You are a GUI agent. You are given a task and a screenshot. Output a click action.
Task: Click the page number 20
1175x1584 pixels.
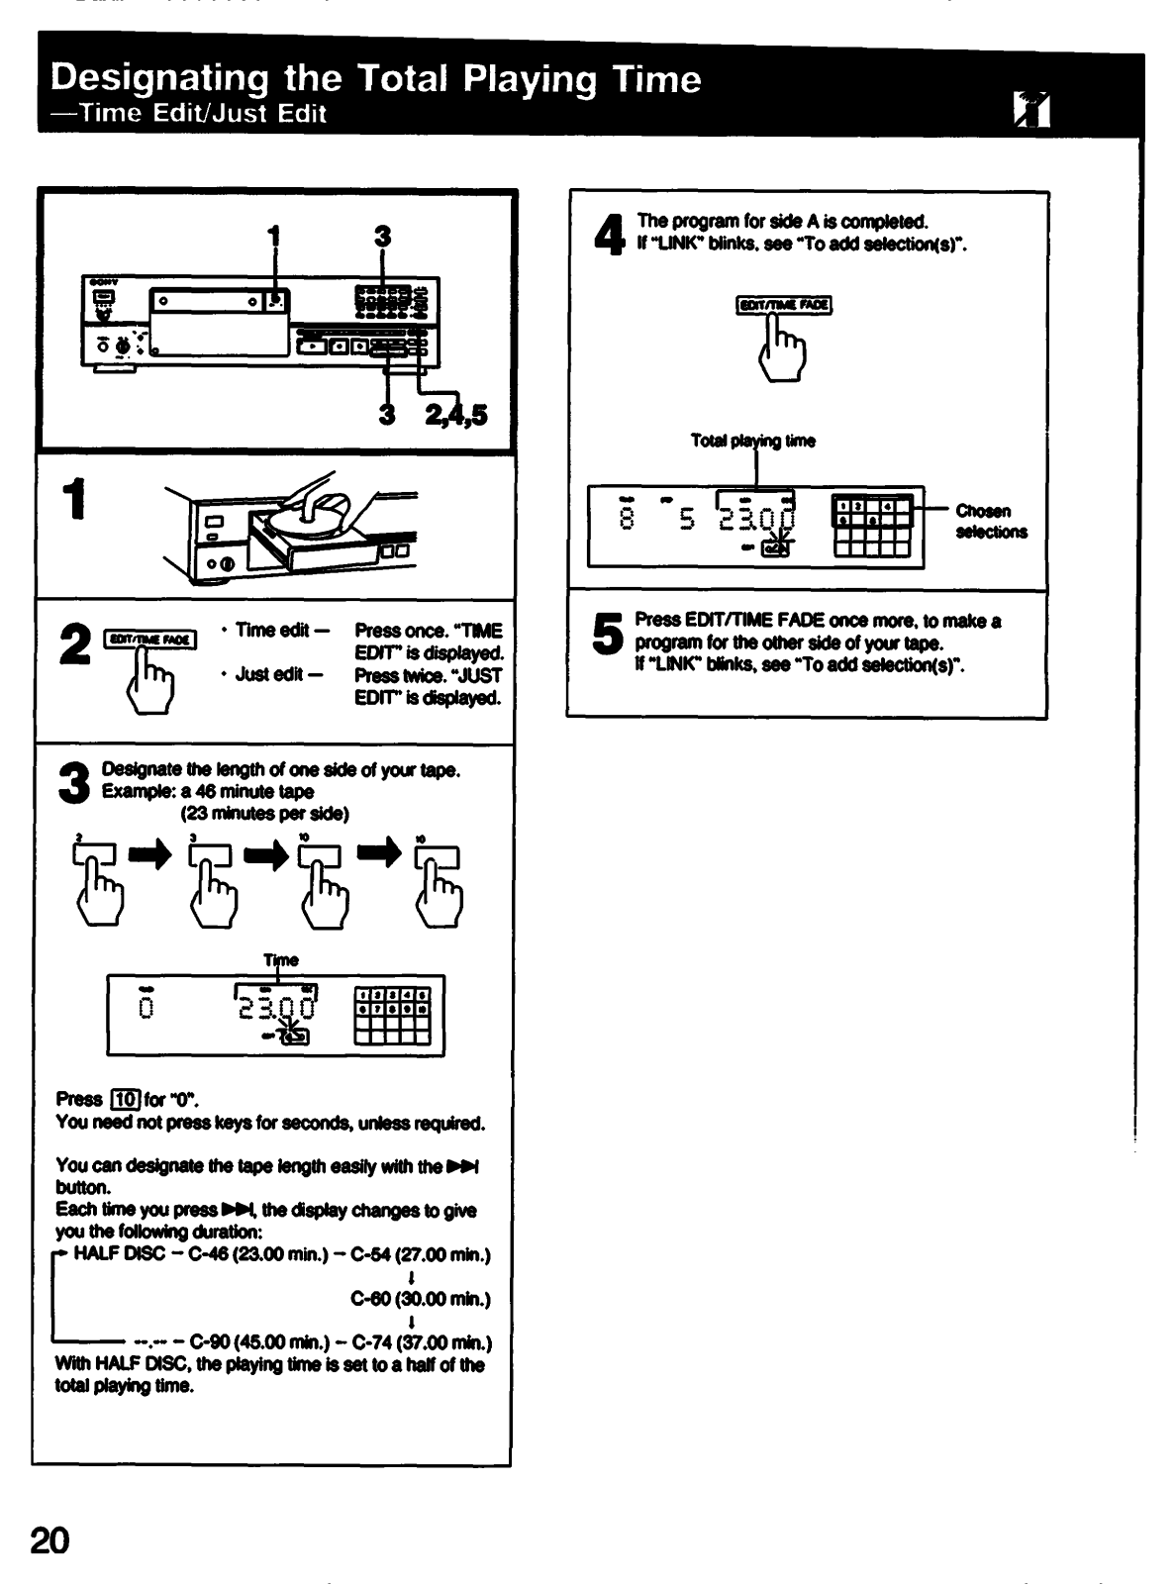(50, 1542)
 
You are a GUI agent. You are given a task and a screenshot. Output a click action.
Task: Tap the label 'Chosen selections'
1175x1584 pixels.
(991, 522)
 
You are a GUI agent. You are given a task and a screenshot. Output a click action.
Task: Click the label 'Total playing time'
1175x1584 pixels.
(753, 442)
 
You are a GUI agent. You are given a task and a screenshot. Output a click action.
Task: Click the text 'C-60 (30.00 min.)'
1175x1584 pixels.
(421, 1299)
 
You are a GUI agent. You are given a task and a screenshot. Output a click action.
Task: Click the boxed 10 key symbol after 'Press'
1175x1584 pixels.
(124, 1099)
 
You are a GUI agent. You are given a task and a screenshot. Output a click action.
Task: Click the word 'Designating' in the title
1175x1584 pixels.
(158, 78)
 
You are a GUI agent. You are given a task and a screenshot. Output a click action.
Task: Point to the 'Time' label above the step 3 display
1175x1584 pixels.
(281, 960)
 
